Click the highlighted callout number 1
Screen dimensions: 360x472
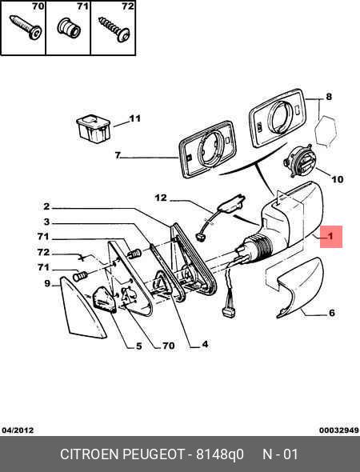331,236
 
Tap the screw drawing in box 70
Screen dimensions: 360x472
26,27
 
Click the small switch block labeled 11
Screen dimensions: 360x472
94,130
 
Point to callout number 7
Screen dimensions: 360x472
118,155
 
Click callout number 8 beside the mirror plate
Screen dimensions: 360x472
329,96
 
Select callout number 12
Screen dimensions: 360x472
161,198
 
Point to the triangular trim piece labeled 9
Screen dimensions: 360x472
82,307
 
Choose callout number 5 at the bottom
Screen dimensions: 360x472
138,346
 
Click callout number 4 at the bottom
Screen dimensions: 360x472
205,344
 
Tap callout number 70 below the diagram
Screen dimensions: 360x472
169,346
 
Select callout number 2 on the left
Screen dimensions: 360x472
46,206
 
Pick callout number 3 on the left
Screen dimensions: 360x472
46,222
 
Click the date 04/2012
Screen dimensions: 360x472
18,430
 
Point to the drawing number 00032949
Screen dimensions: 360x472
339,430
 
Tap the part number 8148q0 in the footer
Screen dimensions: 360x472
220,454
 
